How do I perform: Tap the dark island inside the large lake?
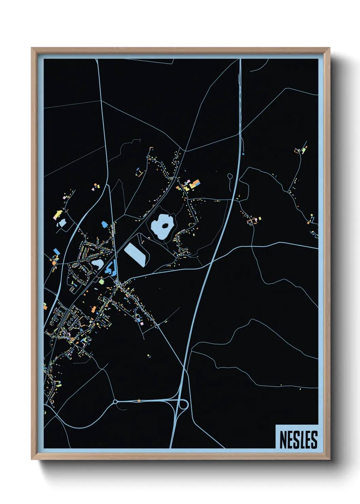tap(165, 225)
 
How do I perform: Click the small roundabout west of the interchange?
tap(115, 402)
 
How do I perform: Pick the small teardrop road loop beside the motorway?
tap(230, 176)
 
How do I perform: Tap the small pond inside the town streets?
tap(97, 264)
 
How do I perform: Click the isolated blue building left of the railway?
tap(104, 224)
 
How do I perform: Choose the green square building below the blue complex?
tap(101, 282)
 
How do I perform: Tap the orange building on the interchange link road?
tap(139, 400)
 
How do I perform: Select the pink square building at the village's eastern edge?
tap(142, 324)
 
